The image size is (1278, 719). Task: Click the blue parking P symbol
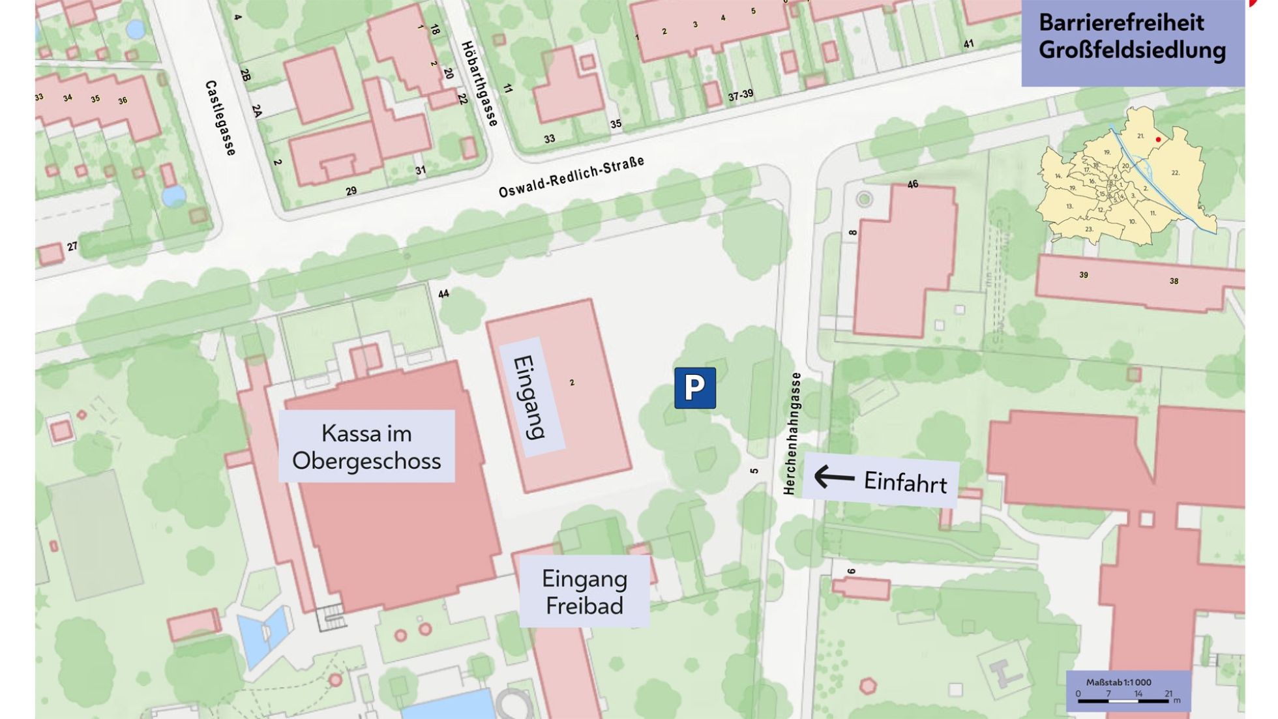[694, 388]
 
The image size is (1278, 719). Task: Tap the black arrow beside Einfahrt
[834, 477]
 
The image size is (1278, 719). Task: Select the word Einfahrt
[905, 482]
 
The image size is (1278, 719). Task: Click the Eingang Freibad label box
[584, 591]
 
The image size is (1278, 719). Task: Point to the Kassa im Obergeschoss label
[366, 447]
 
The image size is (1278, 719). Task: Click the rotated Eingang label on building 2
[531, 397]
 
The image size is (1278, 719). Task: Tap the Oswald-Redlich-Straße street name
[571, 177]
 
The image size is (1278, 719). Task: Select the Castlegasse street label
[220, 118]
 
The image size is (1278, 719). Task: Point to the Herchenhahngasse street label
[791, 433]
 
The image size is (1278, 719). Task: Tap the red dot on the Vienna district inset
[1158, 139]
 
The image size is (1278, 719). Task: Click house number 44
[443, 294]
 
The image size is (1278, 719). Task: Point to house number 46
[913, 184]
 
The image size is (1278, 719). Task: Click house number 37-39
[741, 95]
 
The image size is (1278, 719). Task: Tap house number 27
[72, 246]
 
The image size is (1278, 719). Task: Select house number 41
[969, 44]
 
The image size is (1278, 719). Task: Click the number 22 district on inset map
[1175, 173]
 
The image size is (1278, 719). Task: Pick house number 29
[351, 191]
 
